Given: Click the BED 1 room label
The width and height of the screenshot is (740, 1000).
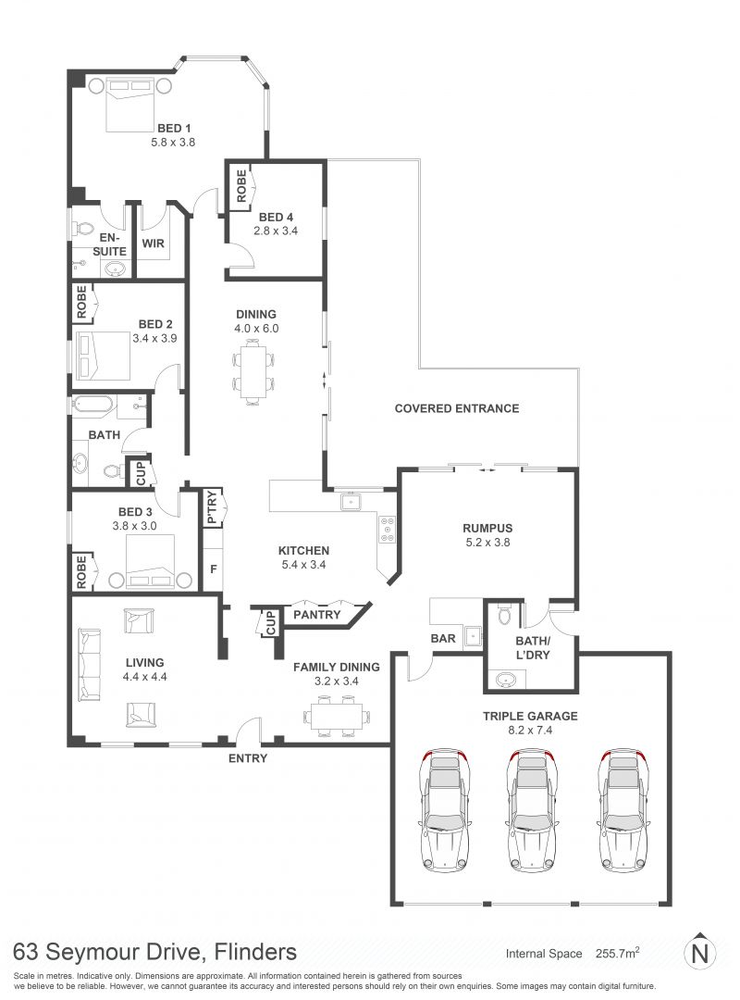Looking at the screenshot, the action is [173, 128].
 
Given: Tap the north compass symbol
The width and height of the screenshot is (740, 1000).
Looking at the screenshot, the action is [700, 952].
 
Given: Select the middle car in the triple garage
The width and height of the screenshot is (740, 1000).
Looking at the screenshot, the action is [530, 810].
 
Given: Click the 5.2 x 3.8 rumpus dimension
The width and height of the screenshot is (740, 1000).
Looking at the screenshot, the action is [487, 542].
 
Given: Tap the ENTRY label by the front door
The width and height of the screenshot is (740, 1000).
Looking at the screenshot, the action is [248, 758].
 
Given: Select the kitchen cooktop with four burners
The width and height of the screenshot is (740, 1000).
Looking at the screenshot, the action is [387, 530].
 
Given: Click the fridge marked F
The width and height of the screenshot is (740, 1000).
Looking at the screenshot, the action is [213, 569].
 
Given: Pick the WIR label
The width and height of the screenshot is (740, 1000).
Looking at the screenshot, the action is [153, 243].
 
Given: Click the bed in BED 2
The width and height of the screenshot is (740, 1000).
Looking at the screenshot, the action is [104, 356].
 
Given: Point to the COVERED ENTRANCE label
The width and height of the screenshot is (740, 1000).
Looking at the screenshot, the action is [457, 408].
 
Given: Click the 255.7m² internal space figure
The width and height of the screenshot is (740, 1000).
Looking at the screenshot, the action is [617, 953].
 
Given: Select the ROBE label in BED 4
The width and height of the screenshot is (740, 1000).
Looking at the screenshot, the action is [240, 185].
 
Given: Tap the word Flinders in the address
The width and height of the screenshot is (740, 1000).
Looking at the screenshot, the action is [255, 952].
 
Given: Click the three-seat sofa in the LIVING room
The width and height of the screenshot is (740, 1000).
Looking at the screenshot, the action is [89, 663].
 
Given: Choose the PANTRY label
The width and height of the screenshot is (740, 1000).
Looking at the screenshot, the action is [316, 614].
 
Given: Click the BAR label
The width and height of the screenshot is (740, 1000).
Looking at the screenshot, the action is [443, 638].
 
